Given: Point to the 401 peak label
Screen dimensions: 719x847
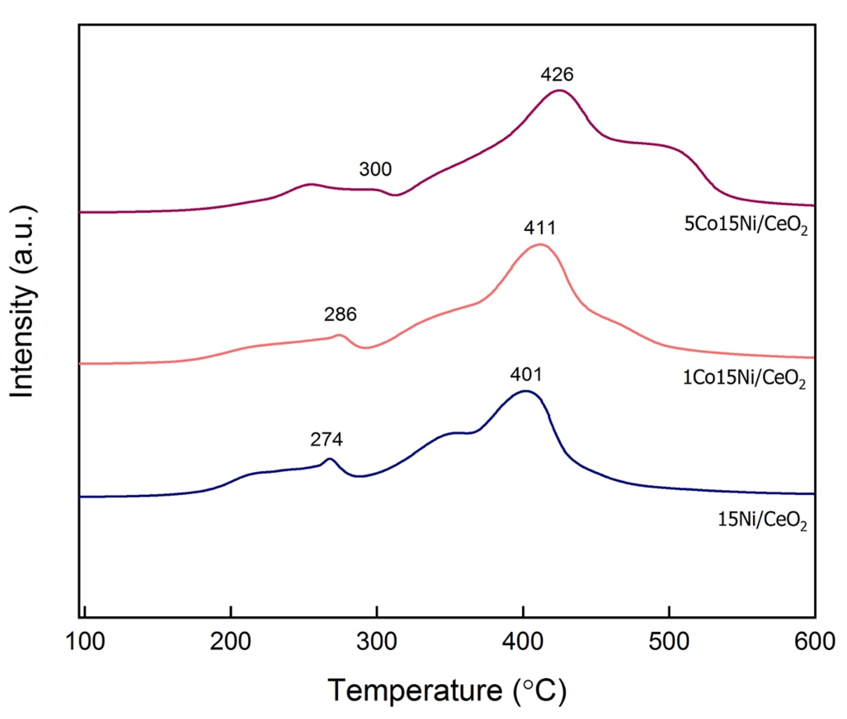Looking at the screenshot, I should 526,375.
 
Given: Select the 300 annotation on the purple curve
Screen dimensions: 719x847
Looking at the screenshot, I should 375,169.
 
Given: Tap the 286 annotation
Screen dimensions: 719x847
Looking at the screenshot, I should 340,314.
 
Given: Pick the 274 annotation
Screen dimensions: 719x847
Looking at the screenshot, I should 326,440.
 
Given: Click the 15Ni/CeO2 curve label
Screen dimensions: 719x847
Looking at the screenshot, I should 762,520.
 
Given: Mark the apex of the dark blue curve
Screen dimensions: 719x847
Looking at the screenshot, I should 526,391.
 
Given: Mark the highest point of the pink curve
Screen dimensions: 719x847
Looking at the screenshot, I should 540,245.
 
